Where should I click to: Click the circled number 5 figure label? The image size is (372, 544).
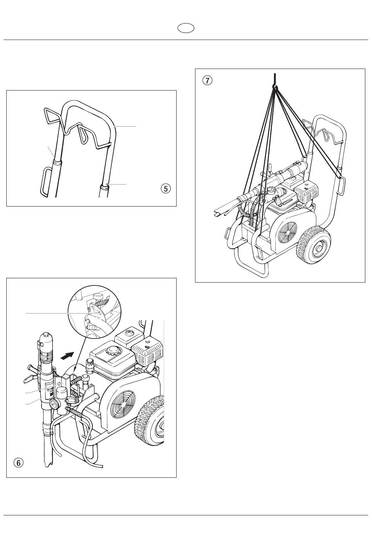166,189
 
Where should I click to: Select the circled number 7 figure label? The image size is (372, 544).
207,81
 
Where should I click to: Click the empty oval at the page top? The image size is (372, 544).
186,28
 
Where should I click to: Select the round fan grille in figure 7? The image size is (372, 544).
287,232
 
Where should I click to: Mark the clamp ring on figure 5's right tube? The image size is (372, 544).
105,187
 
